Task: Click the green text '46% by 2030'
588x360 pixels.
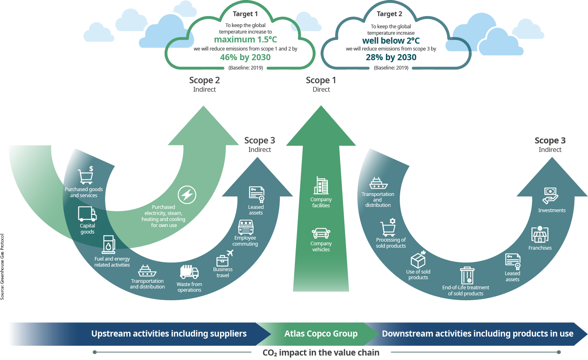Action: tap(245, 57)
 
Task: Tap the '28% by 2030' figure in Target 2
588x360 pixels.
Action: tap(391, 57)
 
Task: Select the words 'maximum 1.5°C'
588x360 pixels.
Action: tap(245, 40)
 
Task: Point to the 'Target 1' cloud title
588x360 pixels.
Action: tap(245, 14)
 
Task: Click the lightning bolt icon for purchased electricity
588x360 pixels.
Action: tap(187, 195)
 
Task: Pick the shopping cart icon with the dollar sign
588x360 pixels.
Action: tap(86, 175)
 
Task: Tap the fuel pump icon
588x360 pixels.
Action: tap(108, 244)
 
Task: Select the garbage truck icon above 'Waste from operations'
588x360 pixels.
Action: tap(189, 272)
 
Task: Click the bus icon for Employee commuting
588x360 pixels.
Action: tap(246, 227)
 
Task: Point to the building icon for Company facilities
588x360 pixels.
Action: tap(321, 186)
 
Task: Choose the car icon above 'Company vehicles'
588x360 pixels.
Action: tap(321, 233)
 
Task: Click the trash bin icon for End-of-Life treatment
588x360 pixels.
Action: tap(467, 276)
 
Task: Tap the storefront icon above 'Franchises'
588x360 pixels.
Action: tap(540, 235)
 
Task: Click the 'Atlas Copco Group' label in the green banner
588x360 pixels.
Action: tap(321, 334)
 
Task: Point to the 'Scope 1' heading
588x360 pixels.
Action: tap(321, 80)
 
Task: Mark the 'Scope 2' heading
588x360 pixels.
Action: tap(204, 80)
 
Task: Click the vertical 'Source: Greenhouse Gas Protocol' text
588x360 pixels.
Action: tap(2, 267)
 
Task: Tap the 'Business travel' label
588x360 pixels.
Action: tap(223, 272)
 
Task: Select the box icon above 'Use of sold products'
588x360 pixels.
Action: tap(418, 261)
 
